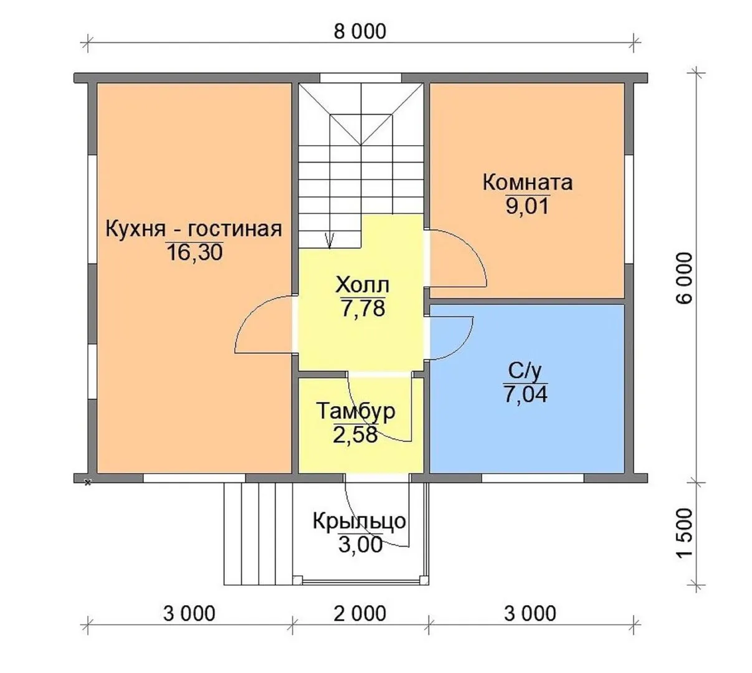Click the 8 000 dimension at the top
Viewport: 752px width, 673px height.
tap(359, 32)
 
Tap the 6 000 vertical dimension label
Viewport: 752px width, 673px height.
tap(684, 278)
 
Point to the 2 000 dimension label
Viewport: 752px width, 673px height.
tap(359, 614)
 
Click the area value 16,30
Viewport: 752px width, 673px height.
tap(195, 252)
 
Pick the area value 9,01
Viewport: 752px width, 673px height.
tap(527, 206)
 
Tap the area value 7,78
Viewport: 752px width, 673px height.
tap(363, 308)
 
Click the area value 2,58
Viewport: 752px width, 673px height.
tap(355, 435)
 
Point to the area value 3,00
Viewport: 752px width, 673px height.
tap(360, 545)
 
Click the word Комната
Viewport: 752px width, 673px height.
tap(528, 183)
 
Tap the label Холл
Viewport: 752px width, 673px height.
tap(363, 285)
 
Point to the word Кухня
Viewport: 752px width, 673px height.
tap(135, 229)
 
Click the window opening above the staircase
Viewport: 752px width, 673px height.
tap(361, 78)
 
